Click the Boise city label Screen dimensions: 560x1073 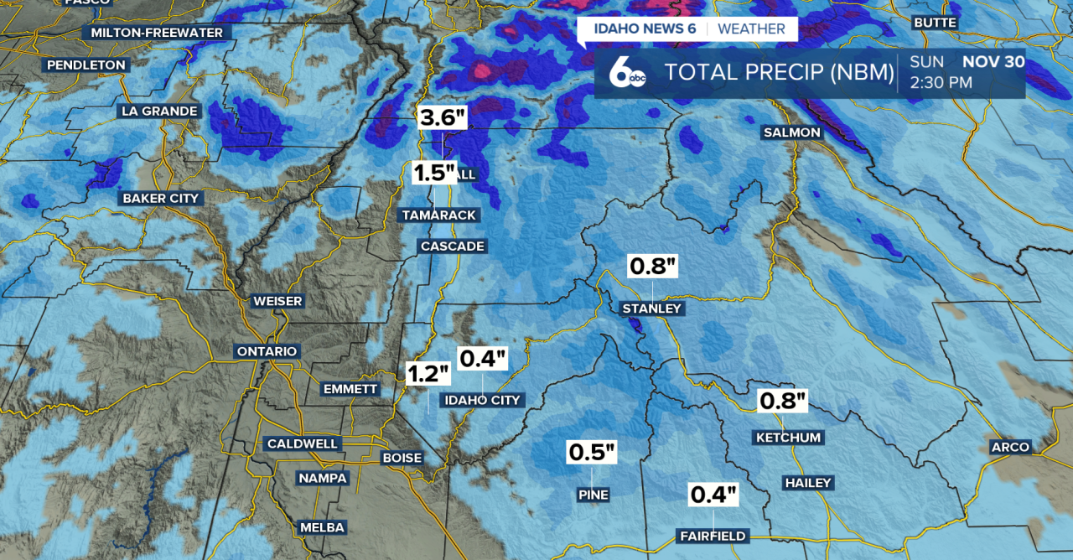[402, 459]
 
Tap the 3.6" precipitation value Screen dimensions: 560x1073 [443, 117]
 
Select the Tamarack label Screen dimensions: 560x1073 [438, 215]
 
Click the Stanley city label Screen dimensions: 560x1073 [652, 309]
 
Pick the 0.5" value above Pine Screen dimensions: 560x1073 [592, 452]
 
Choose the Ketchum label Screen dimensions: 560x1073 [788, 438]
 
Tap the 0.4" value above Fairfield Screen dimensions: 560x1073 [713, 495]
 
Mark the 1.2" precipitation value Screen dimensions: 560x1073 [428, 373]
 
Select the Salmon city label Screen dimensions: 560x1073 [791, 132]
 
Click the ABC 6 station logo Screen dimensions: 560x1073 [627, 73]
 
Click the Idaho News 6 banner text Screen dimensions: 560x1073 [645, 29]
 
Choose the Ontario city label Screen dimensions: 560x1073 [267, 351]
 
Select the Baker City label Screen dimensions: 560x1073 [161, 199]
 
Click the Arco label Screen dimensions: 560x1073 [1009, 447]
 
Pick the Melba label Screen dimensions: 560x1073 [321, 527]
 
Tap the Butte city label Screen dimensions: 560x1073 [934, 22]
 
